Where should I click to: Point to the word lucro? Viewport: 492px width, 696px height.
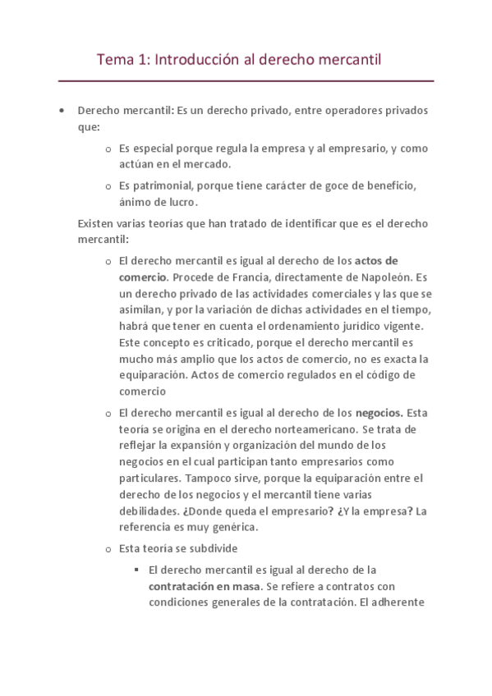(x=180, y=202)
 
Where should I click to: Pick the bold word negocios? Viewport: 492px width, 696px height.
(x=378, y=412)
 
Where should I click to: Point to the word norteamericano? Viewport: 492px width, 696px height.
(x=308, y=428)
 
